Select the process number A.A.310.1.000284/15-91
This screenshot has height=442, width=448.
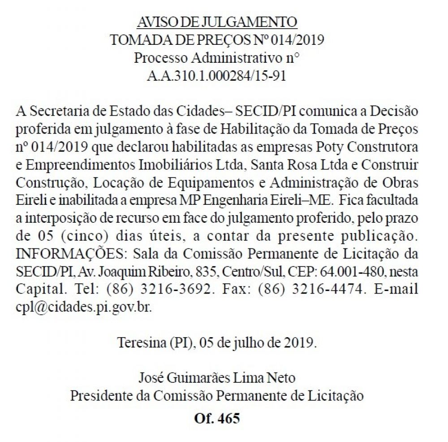(217, 76)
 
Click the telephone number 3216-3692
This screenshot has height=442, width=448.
(176, 289)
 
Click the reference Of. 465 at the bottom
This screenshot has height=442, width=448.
(217, 419)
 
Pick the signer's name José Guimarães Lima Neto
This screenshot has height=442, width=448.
(217, 377)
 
